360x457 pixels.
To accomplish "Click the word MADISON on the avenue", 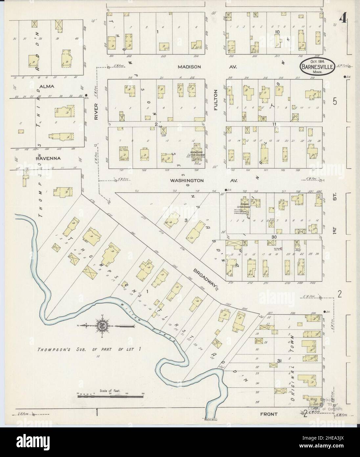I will coord(189,67).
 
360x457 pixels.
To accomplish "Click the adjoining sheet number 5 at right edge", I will coord(334,102).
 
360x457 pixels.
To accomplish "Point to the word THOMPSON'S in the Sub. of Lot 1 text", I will coord(50,349).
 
